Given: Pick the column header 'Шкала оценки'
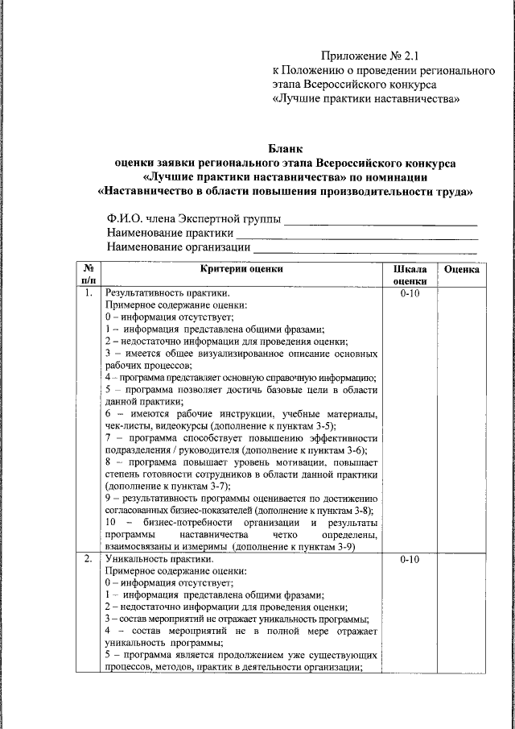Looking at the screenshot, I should pyautogui.click(x=410, y=275).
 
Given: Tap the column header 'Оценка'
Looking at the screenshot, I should pyautogui.click(x=462, y=270).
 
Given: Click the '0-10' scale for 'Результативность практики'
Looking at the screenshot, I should pyautogui.click(x=410, y=294).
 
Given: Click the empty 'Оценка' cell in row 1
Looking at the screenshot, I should pyautogui.click(x=462, y=419).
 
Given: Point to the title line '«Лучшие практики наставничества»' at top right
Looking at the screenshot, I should pyautogui.click(x=367, y=99).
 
